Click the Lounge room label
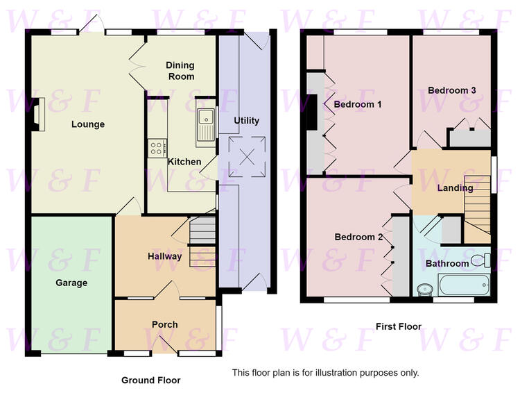[x=88, y=124]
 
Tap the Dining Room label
[x=180, y=71]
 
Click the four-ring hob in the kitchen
[x=157, y=148]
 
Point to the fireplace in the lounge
[x=39, y=115]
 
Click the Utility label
[x=246, y=121]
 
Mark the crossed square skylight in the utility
[x=247, y=157]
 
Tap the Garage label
[x=71, y=283]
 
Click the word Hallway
[x=165, y=256]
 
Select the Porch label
[x=165, y=325]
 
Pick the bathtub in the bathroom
[x=465, y=285]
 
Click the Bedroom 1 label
[x=358, y=104]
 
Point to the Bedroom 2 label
[x=358, y=237]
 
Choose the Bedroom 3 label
[x=452, y=90]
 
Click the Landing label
[x=455, y=188]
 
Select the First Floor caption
[x=399, y=326]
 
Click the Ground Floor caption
[x=151, y=380]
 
